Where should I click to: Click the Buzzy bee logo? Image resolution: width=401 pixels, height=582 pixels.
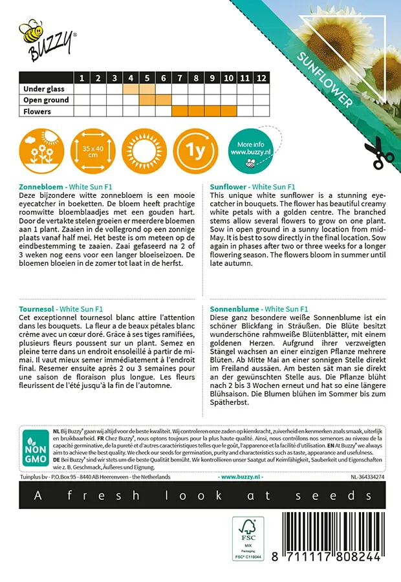(46, 38)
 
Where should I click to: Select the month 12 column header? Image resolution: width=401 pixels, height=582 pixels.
(261, 78)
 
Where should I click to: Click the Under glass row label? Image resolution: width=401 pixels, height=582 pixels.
(43, 89)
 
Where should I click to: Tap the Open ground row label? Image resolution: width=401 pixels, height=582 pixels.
(46, 100)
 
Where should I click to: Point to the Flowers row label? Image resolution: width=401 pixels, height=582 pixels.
(38, 111)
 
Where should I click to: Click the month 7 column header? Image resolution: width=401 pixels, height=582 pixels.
(180, 78)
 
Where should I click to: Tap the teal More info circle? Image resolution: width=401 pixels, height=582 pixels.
(250, 149)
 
